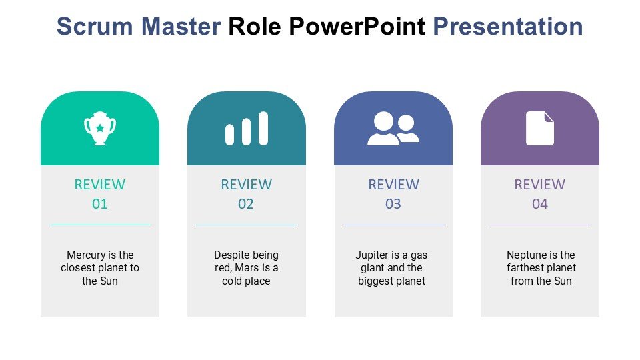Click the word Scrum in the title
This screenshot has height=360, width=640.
click(95, 27)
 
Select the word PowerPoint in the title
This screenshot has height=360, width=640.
click(357, 27)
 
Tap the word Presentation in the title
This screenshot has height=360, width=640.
click(508, 27)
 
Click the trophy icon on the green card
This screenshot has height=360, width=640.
click(100, 128)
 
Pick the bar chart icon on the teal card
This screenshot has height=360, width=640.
click(247, 128)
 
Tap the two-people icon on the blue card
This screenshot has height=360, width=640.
click(393, 128)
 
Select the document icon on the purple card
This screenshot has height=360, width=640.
click(539, 128)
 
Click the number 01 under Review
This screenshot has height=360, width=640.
click(100, 204)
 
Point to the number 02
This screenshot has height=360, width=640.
click(246, 204)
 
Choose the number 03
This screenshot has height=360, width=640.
click(393, 204)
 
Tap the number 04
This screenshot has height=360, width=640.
click(539, 204)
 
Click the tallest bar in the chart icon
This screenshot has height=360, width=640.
click(264, 128)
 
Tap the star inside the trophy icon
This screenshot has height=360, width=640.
click(100, 128)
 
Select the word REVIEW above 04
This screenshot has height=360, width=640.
click(539, 185)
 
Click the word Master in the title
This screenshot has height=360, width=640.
click(181, 27)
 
